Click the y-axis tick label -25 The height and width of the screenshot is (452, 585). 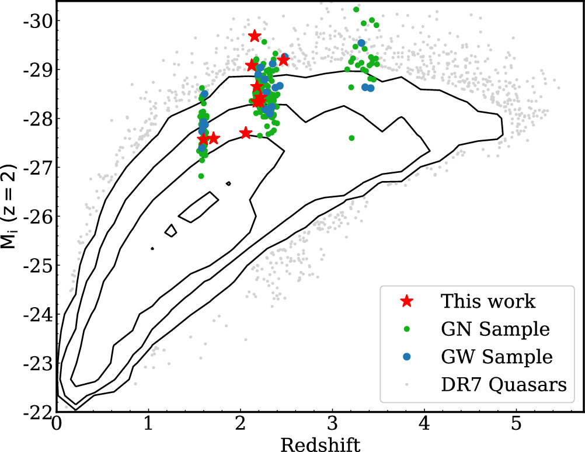point(37,266)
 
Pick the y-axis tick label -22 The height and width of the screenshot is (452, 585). point(37,412)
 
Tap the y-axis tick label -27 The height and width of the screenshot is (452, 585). point(37,168)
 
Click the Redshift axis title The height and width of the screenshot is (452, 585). point(320,444)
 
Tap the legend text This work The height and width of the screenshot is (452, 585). point(487,301)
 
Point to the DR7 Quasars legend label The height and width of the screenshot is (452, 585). point(503,384)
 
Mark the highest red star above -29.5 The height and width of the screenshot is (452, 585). point(254,36)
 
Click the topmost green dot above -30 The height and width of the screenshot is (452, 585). point(356,9)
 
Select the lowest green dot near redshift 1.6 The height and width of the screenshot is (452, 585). point(201,176)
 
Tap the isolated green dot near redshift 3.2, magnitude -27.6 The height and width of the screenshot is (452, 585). point(351,138)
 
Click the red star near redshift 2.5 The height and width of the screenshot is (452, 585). point(283,60)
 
